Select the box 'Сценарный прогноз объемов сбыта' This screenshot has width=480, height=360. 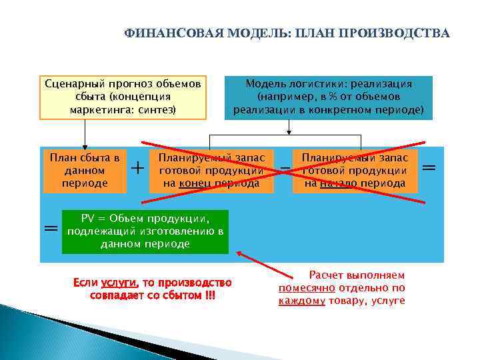coord(123,97)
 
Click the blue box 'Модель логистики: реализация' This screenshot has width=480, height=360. coord(329,97)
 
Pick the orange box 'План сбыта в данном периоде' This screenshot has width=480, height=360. coord(85,170)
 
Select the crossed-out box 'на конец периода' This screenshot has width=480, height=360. coord(211,170)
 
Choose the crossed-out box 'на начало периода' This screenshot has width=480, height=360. coord(355,170)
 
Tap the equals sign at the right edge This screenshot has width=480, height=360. coord(430,167)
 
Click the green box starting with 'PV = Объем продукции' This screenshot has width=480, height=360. coord(145,231)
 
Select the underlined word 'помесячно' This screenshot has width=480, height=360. coord(307,288)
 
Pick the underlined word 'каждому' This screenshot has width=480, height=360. coord(302,301)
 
